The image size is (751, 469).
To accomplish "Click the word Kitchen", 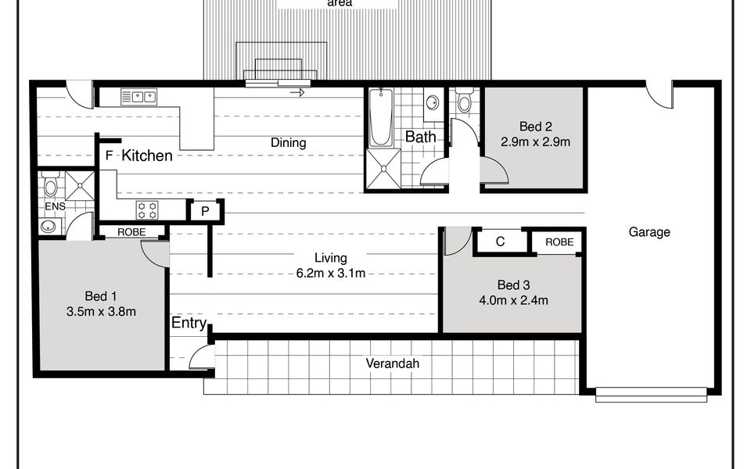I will click(147, 156).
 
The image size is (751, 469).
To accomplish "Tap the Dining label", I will click(288, 143).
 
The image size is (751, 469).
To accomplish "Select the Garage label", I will click(649, 232).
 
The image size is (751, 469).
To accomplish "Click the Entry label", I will click(189, 324).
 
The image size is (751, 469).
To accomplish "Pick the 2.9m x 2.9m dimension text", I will click(536, 142).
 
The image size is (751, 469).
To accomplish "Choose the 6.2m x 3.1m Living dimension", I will click(330, 273).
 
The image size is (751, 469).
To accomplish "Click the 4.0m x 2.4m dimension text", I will click(512, 299).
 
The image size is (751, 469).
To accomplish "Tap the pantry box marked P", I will click(205, 211).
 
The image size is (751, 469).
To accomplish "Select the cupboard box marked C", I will click(500, 242).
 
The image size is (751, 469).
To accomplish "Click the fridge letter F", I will click(109, 156).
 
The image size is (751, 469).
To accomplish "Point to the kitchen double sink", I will click(138, 97).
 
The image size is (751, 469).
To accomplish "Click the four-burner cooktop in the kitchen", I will click(148, 209).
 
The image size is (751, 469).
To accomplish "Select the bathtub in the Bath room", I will click(381, 118).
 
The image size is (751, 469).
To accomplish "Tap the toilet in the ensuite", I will click(50, 186).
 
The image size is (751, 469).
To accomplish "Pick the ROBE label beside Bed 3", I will click(559, 242).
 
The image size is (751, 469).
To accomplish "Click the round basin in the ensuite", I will click(49, 227).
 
